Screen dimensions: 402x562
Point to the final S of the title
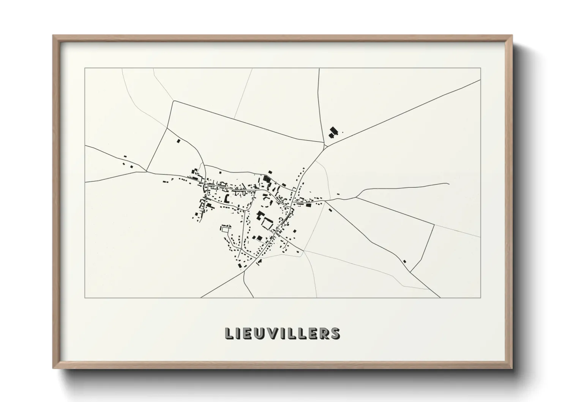(335, 333)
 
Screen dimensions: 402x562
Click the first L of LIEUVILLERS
(229, 333)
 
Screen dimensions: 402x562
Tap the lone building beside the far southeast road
(404, 261)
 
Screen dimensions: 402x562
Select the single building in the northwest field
(178, 141)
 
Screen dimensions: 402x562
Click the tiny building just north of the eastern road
(338, 195)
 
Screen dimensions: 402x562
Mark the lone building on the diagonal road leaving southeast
(329, 209)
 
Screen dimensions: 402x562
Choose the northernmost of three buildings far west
(125, 156)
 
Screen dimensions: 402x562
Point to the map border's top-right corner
(481, 68)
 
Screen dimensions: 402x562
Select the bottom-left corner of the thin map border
(85, 298)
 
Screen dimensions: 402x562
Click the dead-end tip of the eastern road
(449, 184)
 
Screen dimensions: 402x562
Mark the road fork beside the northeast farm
(325, 145)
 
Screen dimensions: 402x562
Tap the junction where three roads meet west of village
(147, 171)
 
